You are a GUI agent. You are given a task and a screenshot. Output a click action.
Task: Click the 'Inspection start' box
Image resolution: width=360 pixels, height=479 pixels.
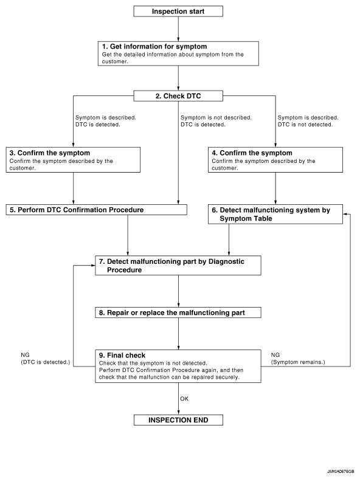point(178,12)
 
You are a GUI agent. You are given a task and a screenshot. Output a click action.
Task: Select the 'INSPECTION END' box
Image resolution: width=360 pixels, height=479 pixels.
point(178,420)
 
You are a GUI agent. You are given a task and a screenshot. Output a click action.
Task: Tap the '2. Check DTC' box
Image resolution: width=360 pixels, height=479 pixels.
point(178,96)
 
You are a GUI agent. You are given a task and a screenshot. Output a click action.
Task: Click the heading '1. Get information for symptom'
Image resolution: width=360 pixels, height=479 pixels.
point(154,46)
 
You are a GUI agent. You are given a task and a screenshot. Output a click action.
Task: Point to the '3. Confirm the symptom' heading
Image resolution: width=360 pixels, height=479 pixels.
point(49,153)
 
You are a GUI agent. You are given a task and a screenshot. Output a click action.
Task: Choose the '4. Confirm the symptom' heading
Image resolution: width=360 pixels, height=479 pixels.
point(252,153)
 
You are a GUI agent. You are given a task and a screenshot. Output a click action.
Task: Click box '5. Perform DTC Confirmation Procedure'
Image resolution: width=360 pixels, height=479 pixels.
point(96,210)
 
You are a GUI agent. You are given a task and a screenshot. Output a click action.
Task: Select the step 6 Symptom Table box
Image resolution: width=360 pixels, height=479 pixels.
point(275,214)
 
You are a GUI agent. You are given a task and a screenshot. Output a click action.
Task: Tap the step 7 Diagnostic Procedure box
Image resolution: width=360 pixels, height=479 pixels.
point(178,266)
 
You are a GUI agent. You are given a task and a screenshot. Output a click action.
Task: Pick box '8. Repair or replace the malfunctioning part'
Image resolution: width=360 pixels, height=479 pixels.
point(178,312)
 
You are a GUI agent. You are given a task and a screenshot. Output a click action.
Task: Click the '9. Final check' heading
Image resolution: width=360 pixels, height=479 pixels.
point(122,355)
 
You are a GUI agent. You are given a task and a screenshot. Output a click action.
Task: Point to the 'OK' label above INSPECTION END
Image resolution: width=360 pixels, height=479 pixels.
point(184,399)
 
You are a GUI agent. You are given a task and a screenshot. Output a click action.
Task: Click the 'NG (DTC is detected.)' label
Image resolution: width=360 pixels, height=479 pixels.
point(45,358)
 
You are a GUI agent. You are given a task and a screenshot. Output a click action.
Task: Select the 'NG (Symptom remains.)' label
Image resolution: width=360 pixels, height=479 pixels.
point(298,358)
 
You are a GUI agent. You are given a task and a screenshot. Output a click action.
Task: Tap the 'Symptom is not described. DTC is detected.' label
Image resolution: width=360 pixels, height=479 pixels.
point(216,121)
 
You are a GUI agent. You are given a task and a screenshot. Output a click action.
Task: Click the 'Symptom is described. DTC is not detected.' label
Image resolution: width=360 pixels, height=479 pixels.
point(308,121)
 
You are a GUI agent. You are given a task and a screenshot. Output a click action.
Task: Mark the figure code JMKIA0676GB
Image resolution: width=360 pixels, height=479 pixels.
point(341,472)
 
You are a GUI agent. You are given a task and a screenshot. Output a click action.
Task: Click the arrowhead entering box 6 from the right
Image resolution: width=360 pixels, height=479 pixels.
point(345,214)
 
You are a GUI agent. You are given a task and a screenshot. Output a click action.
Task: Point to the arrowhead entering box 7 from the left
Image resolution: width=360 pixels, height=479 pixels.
point(93,266)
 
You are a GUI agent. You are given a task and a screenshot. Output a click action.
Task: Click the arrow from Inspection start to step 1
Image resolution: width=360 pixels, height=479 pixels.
point(178,29)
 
